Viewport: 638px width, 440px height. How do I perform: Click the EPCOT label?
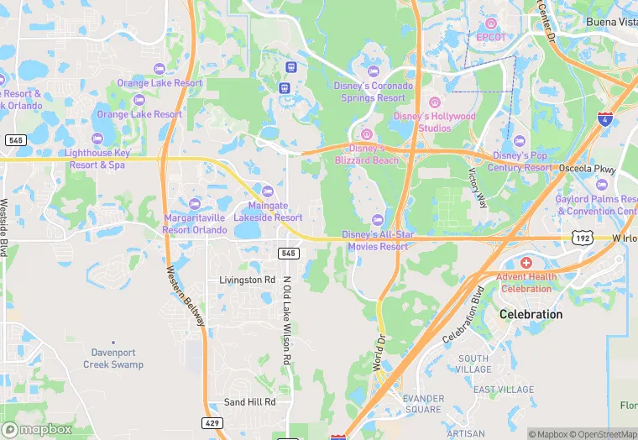(491, 37)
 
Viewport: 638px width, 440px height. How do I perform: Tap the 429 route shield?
(212, 422)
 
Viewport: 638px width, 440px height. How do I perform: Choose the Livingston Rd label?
(247, 280)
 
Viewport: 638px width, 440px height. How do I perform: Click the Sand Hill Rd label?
(249, 402)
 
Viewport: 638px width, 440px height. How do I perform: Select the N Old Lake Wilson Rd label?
(286, 320)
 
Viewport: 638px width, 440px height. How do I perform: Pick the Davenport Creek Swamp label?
(113, 359)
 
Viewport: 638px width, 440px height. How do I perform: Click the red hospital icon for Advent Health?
(526, 263)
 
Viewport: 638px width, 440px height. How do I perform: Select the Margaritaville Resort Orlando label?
(195, 223)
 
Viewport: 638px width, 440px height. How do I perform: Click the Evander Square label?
(421, 404)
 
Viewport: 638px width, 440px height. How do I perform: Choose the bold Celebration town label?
(531, 314)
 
